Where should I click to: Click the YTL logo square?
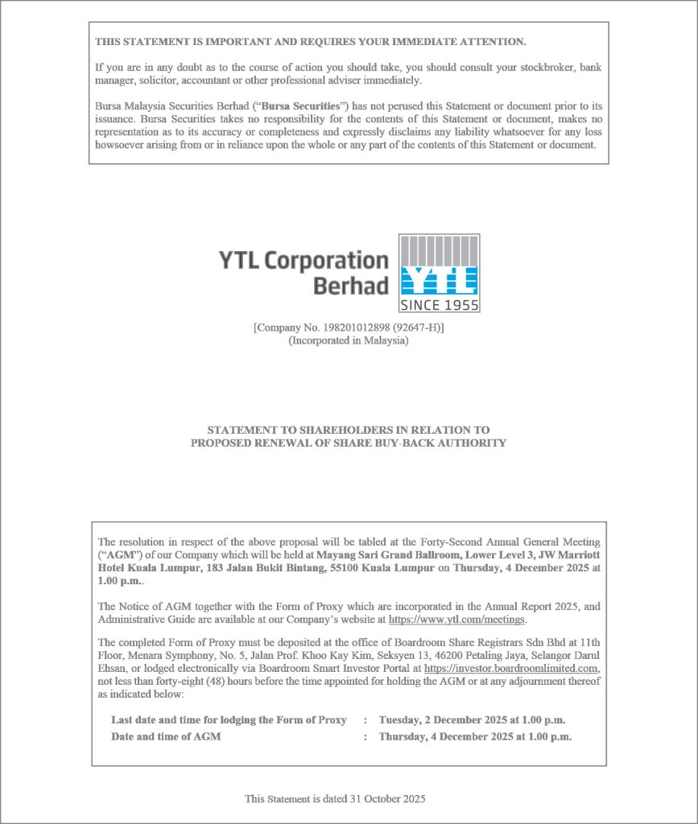440,273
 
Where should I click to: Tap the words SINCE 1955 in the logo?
440,305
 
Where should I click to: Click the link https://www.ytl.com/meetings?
456,620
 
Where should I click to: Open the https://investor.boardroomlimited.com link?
511,669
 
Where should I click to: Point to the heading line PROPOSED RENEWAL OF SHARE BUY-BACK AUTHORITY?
349,443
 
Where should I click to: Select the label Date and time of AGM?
166,736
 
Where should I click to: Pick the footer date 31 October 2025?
388,799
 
